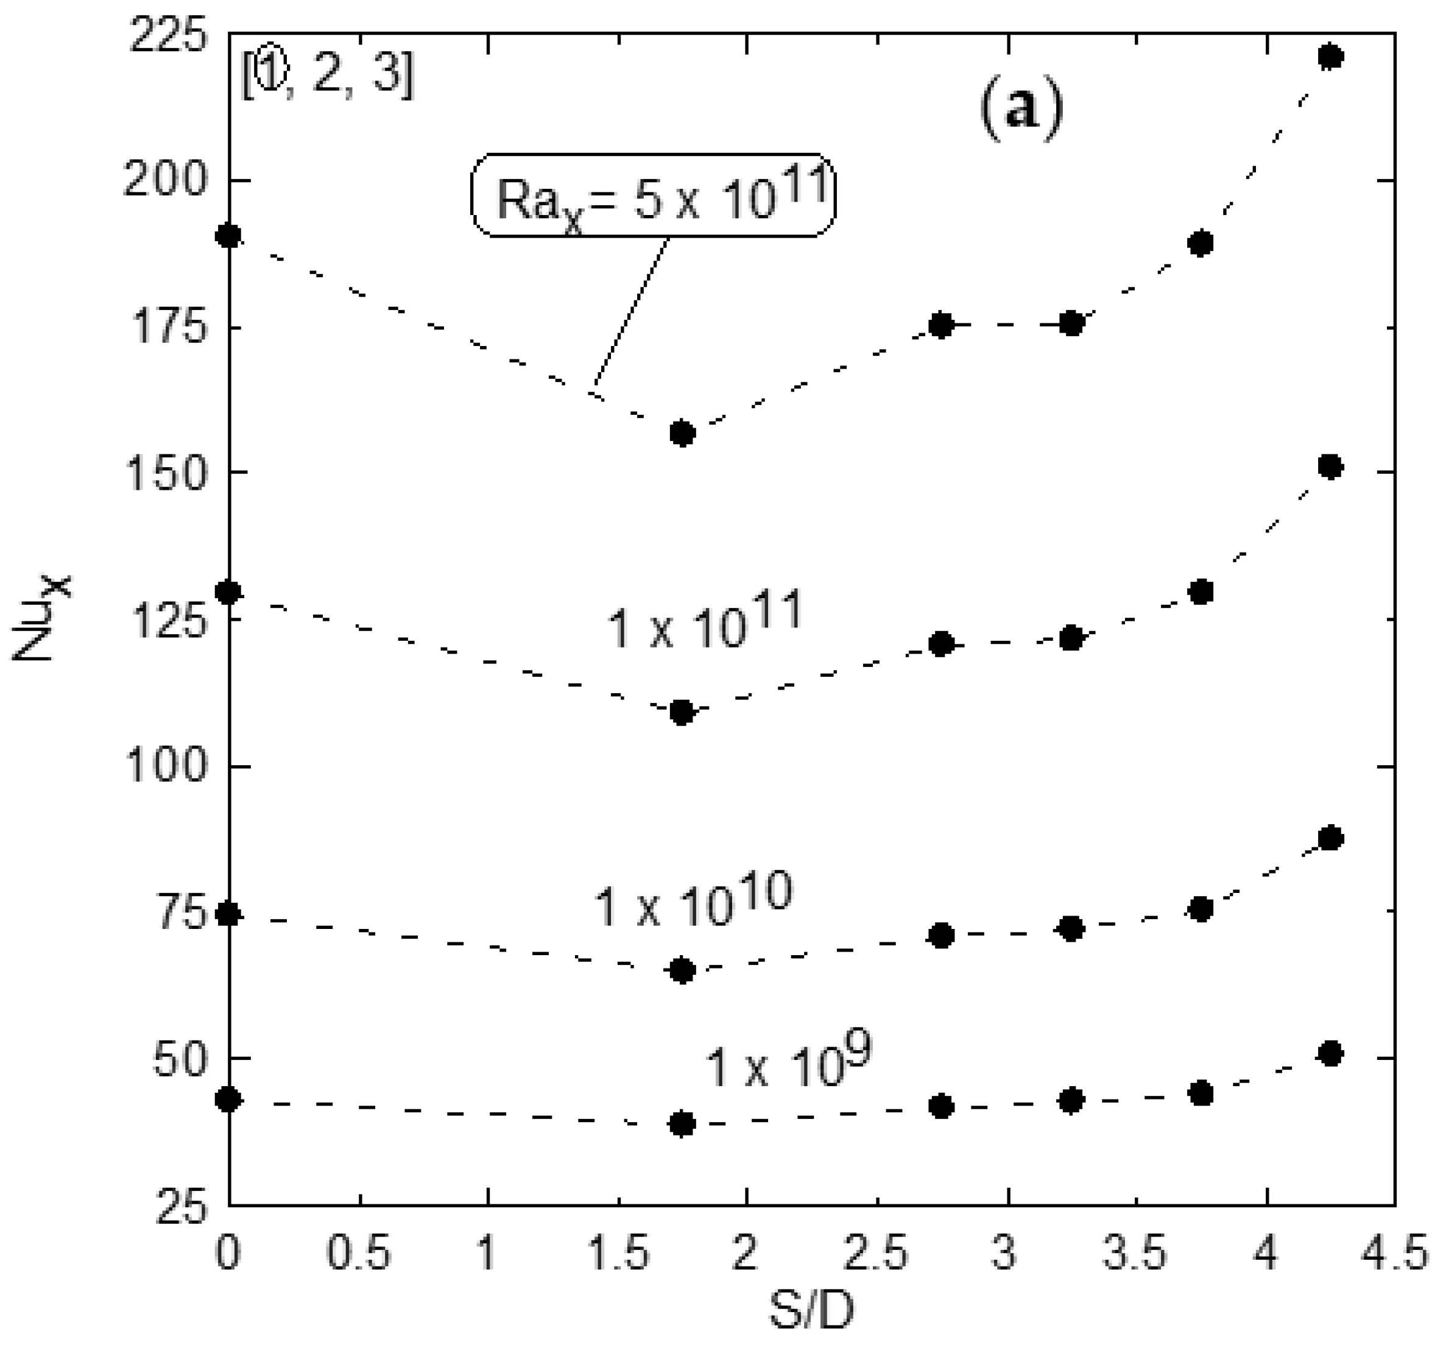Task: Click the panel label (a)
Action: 1021,111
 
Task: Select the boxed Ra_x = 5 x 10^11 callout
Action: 653,194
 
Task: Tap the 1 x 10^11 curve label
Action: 704,620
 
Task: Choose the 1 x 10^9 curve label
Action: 788,1064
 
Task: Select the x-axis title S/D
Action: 811,1312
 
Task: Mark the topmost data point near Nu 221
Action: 1330,56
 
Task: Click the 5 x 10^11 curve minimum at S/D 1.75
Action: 682,434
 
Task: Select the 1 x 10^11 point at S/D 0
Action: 229,592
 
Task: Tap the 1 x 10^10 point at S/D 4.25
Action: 1330,838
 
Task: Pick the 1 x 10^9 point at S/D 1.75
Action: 682,1124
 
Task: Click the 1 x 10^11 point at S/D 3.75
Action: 1201,591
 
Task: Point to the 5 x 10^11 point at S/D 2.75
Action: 941,325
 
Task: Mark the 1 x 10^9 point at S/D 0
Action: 229,1099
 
